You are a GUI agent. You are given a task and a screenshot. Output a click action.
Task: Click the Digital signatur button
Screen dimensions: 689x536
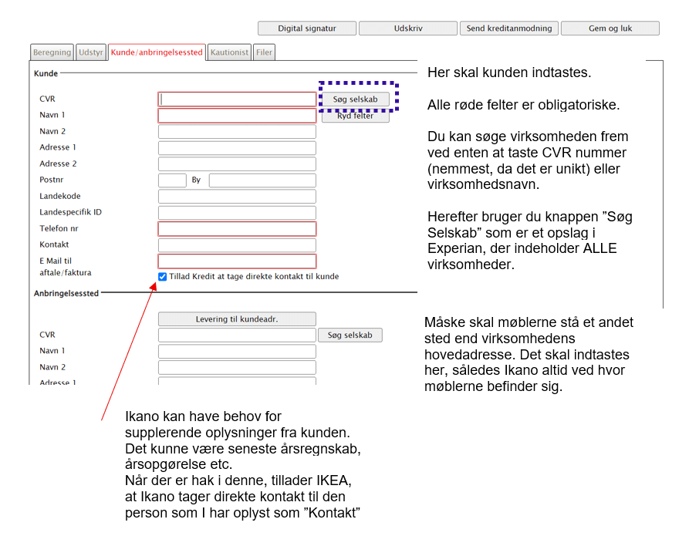coord(307,29)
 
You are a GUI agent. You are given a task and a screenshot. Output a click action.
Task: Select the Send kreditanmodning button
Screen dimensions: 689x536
coord(508,29)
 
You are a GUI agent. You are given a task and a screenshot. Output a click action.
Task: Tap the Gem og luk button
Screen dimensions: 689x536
coord(610,29)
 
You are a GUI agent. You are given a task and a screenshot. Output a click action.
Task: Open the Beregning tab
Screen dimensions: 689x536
coord(52,52)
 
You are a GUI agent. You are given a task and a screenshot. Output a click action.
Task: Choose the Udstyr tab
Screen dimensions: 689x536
coord(91,52)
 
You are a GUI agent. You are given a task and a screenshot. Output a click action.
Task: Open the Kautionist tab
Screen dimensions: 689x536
coord(229,52)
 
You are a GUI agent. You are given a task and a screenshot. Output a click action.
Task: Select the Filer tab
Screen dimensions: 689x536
coord(264,52)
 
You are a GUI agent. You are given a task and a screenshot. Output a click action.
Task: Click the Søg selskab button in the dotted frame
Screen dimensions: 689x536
coord(355,99)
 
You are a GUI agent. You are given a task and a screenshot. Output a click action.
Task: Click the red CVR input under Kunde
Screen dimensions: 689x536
coord(237,99)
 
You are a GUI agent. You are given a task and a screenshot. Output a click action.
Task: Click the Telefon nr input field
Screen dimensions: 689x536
coord(237,229)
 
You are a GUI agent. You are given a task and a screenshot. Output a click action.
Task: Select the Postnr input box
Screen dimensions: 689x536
coord(172,180)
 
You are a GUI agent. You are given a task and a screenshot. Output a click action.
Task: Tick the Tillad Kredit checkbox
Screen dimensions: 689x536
coord(162,277)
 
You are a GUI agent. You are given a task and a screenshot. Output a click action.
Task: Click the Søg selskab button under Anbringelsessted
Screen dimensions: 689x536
coord(350,335)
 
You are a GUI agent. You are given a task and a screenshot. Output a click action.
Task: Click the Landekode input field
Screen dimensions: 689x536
coord(237,197)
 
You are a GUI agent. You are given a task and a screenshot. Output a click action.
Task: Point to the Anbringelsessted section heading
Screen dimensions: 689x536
coord(66,293)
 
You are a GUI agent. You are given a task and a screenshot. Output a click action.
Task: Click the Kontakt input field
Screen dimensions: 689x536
coord(237,245)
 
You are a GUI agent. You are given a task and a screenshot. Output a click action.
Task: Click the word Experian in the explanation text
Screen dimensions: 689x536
coord(455,249)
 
